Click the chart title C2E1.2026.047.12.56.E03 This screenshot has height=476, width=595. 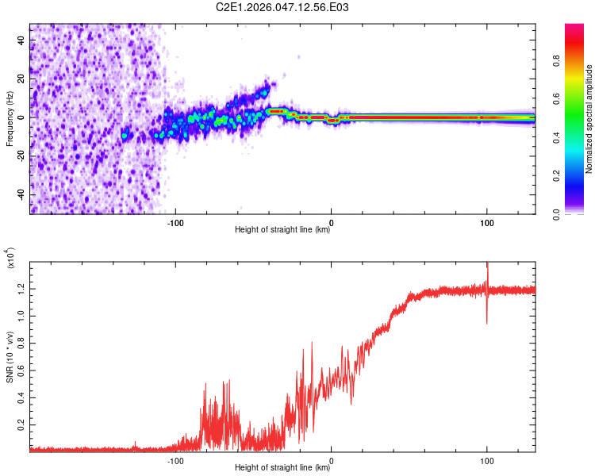tap(282, 7)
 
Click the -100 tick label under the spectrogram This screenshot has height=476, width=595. tap(175, 221)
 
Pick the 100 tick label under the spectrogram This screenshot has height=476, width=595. tap(486, 221)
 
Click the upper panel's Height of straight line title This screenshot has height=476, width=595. tap(282, 230)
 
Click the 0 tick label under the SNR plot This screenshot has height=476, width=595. tap(331, 459)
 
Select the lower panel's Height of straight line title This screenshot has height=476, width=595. tap(282, 468)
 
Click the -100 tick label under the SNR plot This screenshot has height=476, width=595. tap(175, 459)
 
